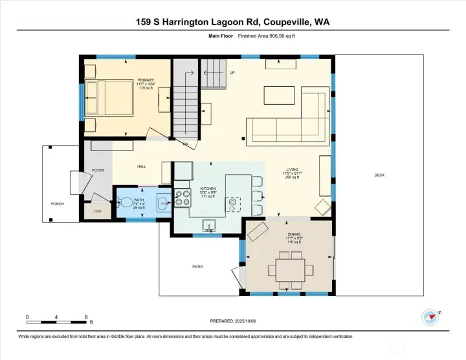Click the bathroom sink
click(x=162, y=200)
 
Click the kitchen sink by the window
click(x=209, y=225)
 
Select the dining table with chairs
click(x=289, y=268)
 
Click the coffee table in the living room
click(x=279, y=96)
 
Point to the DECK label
click(x=379, y=175)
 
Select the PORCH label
click(x=58, y=203)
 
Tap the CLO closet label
click(x=98, y=211)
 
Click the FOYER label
click(x=98, y=170)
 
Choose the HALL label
click(x=141, y=166)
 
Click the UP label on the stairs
click(x=231, y=73)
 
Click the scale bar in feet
click(x=57, y=321)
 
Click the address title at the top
click(x=232, y=23)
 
